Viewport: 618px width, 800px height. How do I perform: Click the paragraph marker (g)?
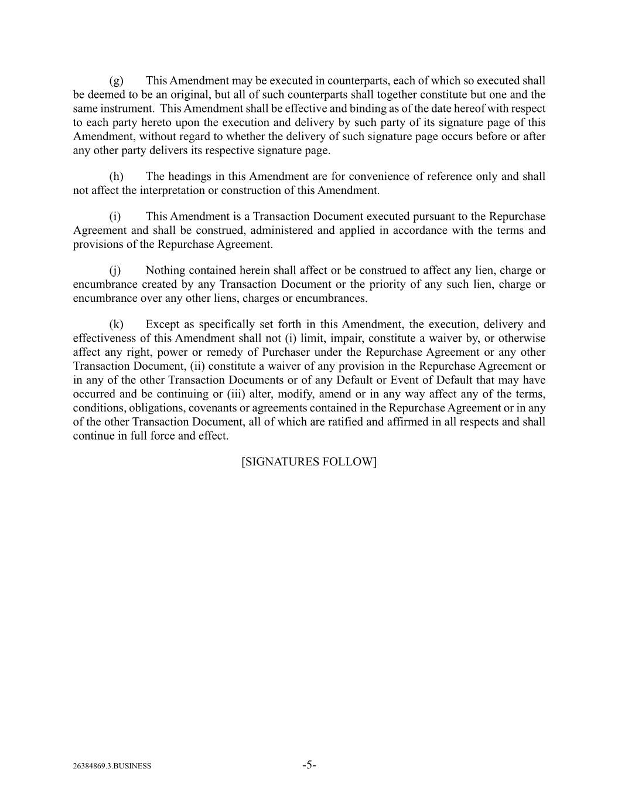point(116,81)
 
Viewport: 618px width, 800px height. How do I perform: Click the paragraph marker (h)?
point(116,176)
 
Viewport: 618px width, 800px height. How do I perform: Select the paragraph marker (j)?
point(115,270)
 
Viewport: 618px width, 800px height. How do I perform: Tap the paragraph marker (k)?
point(116,324)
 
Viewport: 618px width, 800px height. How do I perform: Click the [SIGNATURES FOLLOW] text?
point(309,462)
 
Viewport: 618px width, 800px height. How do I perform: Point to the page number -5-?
point(309,765)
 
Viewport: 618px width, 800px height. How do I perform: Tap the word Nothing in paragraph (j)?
point(165,270)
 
